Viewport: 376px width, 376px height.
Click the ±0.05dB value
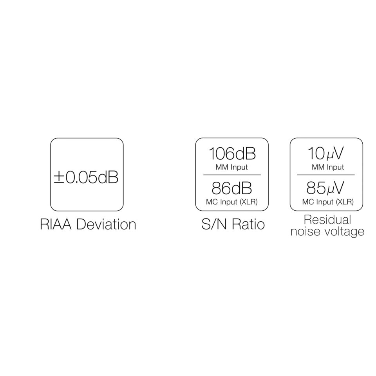(x=86, y=177)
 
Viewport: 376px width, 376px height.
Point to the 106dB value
(x=232, y=154)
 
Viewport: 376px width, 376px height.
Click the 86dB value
(x=232, y=188)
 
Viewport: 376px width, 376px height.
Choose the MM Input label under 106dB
(x=232, y=167)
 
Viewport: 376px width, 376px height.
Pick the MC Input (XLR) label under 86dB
(x=232, y=202)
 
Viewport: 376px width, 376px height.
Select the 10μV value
(x=326, y=154)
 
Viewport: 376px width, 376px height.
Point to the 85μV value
(x=326, y=188)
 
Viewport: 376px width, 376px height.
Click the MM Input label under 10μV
(x=328, y=167)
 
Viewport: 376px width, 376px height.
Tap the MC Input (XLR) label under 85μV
(x=328, y=202)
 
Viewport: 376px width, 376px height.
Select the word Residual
(x=327, y=219)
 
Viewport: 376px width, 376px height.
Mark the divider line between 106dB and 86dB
(x=232, y=175)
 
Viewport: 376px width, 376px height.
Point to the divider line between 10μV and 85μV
(x=326, y=175)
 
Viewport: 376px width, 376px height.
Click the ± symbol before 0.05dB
(x=59, y=178)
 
